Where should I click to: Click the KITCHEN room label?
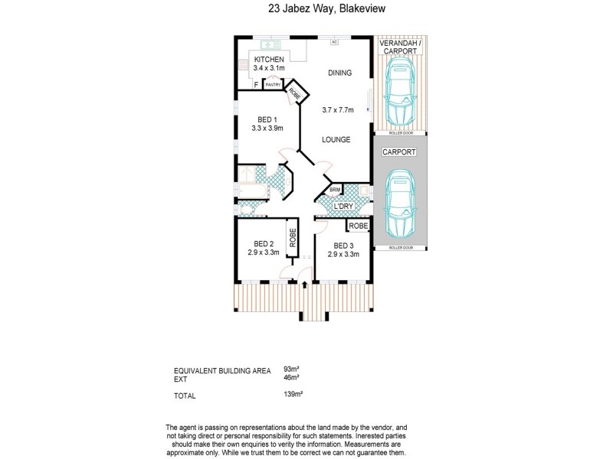269,59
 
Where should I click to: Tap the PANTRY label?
272,85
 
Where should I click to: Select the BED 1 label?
266,119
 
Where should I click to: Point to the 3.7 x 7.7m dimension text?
338,110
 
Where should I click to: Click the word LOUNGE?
336,140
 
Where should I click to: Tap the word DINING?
339,73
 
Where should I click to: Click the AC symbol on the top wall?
334,41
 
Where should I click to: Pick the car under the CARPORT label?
400,203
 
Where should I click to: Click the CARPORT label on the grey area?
401,153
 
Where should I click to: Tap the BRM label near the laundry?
335,190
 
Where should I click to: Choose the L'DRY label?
342,207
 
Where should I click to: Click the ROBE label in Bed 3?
358,226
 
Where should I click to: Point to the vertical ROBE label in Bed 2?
292,239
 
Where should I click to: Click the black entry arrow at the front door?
306,285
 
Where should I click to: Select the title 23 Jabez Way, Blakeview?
305,10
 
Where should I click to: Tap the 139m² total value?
293,396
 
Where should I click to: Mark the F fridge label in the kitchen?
254,85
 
